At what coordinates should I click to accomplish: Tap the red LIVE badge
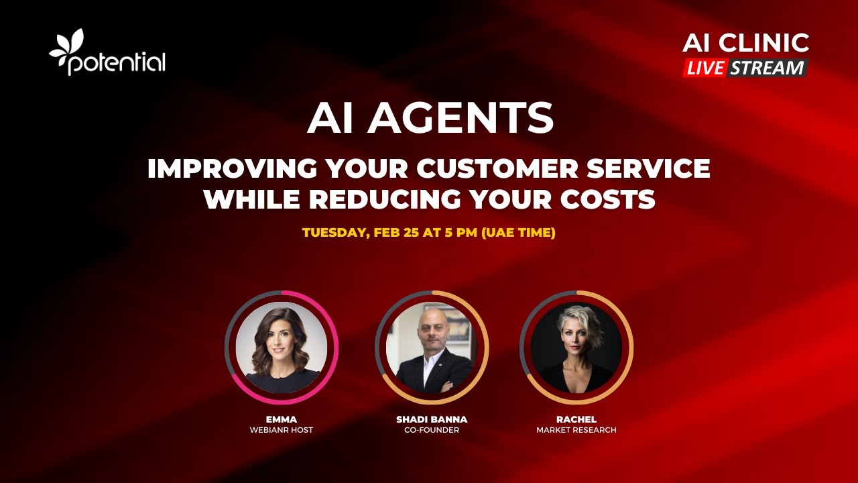coord(705,68)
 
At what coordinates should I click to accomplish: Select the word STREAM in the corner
coord(767,68)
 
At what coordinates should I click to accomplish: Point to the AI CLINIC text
coord(745,43)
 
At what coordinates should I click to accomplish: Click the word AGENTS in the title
coord(461,119)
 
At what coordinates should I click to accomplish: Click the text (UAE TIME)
coord(518,233)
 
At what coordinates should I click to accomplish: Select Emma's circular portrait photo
coord(282,347)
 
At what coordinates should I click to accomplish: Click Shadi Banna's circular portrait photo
coord(432,347)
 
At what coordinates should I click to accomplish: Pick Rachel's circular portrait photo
coord(576,347)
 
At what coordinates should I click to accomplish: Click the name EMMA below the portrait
coord(281,419)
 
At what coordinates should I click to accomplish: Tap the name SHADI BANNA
coord(432,419)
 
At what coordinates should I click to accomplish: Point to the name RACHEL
coord(576,419)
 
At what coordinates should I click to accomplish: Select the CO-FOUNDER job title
coord(432,430)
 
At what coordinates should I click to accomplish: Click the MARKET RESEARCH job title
coord(576,430)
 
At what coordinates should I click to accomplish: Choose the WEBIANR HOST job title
coord(281,430)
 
